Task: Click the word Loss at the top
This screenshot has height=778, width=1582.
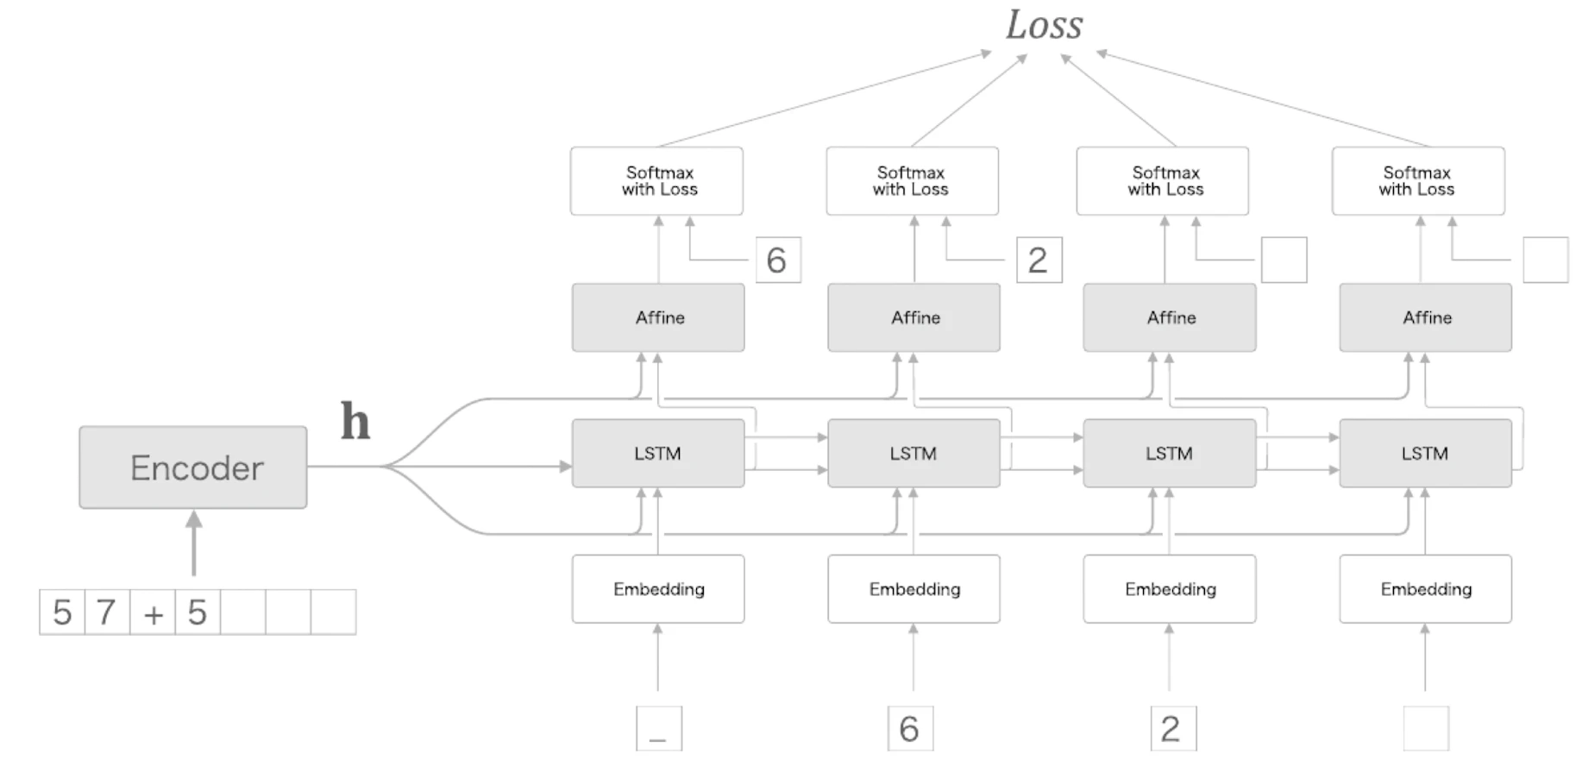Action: [x=1044, y=25]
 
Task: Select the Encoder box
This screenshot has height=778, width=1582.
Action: [x=193, y=467]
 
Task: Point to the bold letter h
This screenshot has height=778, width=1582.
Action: [x=355, y=421]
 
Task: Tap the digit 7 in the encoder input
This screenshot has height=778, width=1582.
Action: [x=107, y=612]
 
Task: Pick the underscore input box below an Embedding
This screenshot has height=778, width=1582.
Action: [x=659, y=728]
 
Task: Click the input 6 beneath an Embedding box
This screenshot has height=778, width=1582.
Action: [x=910, y=728]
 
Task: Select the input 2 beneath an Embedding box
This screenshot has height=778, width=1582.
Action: [x=1173, y=728]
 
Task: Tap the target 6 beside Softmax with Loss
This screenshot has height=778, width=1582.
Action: [x=778, y=260]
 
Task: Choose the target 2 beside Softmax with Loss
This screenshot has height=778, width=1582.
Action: [x=1039, y=260]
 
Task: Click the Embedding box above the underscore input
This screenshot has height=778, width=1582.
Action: [x=658, y=589]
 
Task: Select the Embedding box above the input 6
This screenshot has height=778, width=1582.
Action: [x=913, y=589]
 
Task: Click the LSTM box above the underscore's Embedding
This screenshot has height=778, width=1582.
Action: [x=658, y=454]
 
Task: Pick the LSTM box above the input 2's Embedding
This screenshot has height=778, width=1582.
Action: [x=1170, y=454]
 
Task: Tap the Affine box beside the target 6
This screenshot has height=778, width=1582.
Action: [x=658, y=317]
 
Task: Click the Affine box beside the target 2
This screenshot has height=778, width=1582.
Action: [x=913, y=317]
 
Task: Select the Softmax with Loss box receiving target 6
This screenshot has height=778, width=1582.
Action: [x=656, y=181]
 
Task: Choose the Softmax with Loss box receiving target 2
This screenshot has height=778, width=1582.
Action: [x=912, y=181]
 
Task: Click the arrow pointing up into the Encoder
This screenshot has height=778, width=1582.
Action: [x=194, y=543]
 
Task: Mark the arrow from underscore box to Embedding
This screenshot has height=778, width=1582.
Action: [x=658, y=657]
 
